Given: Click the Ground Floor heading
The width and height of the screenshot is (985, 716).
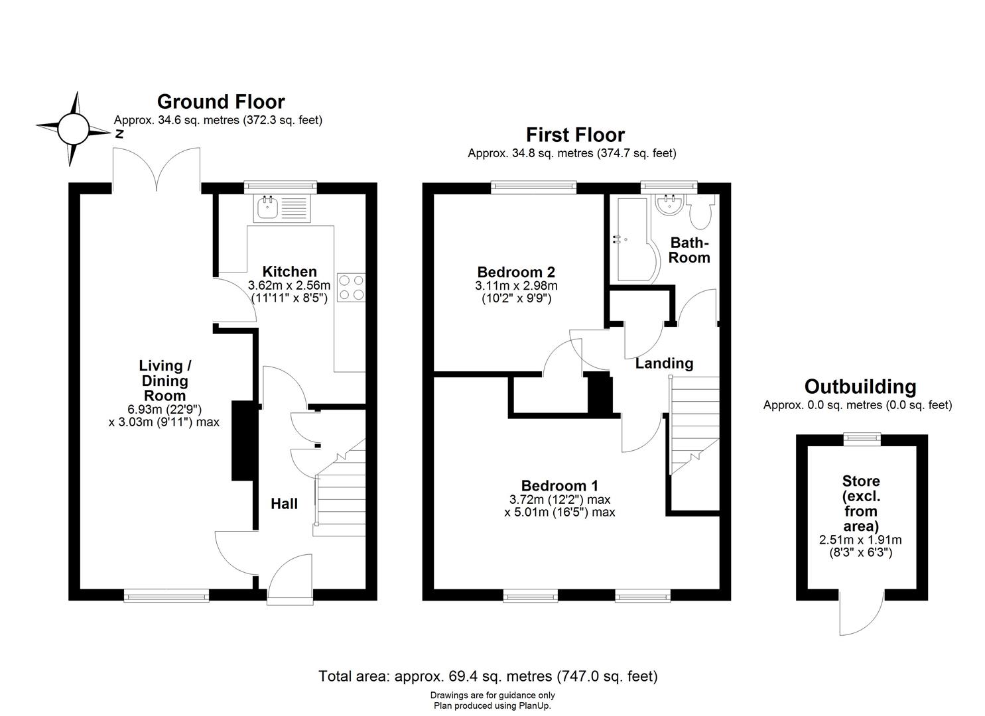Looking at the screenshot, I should click(x=220, y=101).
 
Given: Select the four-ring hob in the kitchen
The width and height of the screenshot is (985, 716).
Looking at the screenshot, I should click(x=351, y=288).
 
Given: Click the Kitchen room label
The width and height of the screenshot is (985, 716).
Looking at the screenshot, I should click(x=289, y=272).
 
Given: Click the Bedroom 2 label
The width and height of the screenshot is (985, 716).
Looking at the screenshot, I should click(x=516, y=272).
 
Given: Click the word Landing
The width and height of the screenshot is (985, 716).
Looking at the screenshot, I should click(x=664, y=363).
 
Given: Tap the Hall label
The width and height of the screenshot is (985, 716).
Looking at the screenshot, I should click(x=284, y=504).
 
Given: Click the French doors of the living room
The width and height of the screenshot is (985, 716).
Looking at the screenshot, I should click(x=157, y=171).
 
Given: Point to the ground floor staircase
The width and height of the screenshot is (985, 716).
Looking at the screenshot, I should click(x=341, y=489).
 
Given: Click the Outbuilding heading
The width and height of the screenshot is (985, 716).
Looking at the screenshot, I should click(x=860, y=387).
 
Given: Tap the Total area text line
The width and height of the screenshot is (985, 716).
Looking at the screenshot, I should click(x=488, y=676).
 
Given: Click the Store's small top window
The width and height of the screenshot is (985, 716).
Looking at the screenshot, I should click(x=862, y=438).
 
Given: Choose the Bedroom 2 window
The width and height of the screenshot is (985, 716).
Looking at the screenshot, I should click(x=533, y=188).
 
